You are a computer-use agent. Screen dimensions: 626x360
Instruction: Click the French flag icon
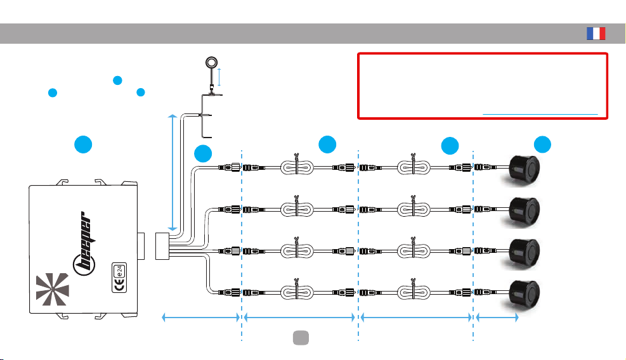596,34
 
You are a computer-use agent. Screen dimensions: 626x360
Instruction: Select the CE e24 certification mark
119,278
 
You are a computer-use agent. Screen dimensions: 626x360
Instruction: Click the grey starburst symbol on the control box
52,289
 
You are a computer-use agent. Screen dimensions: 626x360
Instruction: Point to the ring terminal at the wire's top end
211,63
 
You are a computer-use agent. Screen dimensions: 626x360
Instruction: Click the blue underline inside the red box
540,114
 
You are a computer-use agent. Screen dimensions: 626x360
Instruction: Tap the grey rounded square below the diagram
301,338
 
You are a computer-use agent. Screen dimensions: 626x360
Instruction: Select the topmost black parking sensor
524,169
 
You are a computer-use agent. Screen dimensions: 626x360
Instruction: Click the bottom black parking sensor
524,295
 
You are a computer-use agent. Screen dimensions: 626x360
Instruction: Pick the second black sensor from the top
524,211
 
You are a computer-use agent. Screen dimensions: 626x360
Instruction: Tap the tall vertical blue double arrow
173,172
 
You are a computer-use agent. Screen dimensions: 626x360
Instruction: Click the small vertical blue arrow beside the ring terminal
219,77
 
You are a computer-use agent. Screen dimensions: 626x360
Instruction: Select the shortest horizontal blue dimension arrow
497,318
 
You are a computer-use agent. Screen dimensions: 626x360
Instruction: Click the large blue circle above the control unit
83,144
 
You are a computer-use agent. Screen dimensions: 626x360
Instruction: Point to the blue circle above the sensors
542,145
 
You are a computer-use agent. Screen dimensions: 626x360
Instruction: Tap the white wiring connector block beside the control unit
162,246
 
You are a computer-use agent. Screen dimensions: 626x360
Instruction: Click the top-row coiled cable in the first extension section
297,167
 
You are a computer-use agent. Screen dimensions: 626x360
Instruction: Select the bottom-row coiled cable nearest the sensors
414,292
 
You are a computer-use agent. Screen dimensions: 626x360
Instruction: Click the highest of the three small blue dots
117,80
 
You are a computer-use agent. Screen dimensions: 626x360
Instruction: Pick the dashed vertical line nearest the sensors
473,246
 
